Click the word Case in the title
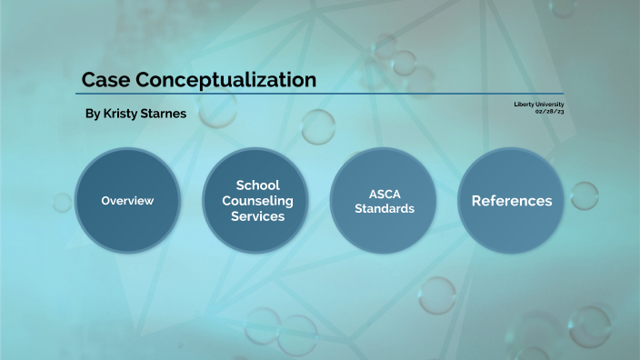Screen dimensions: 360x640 tap(101, 80)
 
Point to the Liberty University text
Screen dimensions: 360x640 tap(538, 105)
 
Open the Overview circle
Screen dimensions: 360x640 tap(127, 200)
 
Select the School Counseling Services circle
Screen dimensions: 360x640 tap(257, 200)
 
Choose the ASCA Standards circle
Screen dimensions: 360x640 tap(384, 200)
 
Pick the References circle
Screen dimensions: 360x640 tap(511, 200)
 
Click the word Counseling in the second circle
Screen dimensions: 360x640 tap(257, 201)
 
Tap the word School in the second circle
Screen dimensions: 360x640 tap(257, 185)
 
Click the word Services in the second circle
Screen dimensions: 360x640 tap(257, 216)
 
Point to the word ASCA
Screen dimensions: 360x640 tap(385, 194)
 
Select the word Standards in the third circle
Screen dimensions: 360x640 tap(385, 208)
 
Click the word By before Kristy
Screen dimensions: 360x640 tap(92, 115)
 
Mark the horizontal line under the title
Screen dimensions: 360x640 tap(318, 94)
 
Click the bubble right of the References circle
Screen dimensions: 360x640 tap(584, 195)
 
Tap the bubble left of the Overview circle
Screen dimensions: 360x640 tap(62, 202)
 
